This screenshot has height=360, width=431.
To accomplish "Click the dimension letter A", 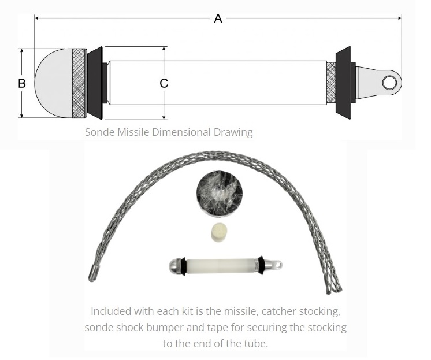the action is [x=218, y=18].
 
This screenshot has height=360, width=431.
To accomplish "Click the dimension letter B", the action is [x=22, y=83].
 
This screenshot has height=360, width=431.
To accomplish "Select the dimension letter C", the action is [x=164, y=83].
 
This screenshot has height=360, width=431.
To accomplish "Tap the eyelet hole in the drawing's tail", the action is [x=389, y=83].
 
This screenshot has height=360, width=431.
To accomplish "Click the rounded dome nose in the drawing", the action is [x=54, y=83].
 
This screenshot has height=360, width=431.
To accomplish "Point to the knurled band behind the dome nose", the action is [x=79, y=83].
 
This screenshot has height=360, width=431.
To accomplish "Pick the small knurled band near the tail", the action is [x=331, y=83].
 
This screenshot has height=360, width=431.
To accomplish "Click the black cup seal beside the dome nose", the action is [x=95, y=83].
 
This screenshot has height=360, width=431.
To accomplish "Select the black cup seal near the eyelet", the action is [x=344, y=83].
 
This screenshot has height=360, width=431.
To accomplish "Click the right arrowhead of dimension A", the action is [x=399, y=18].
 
